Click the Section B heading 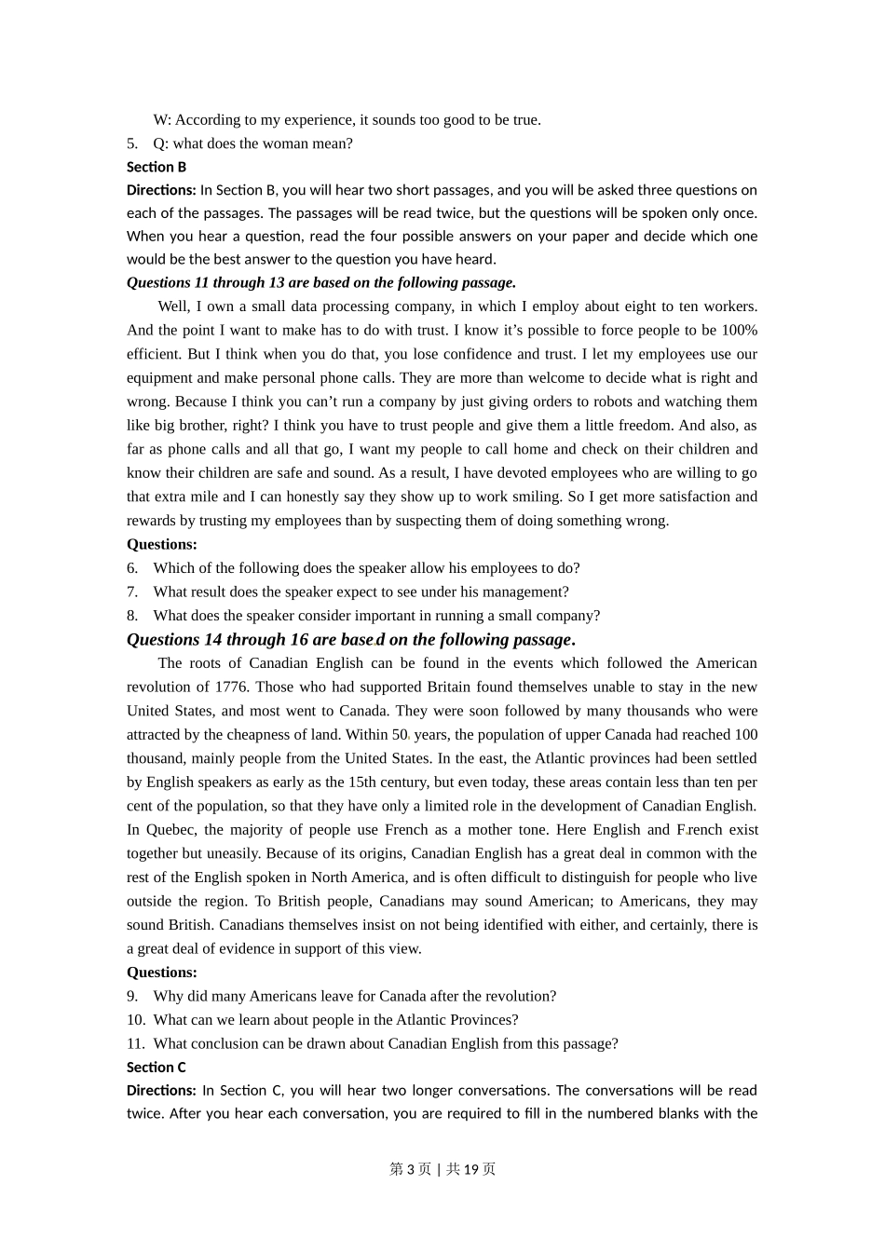157,167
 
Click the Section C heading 157,1067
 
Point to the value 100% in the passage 740,330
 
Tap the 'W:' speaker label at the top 162,119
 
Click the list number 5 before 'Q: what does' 132,143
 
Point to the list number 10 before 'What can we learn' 135,1019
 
